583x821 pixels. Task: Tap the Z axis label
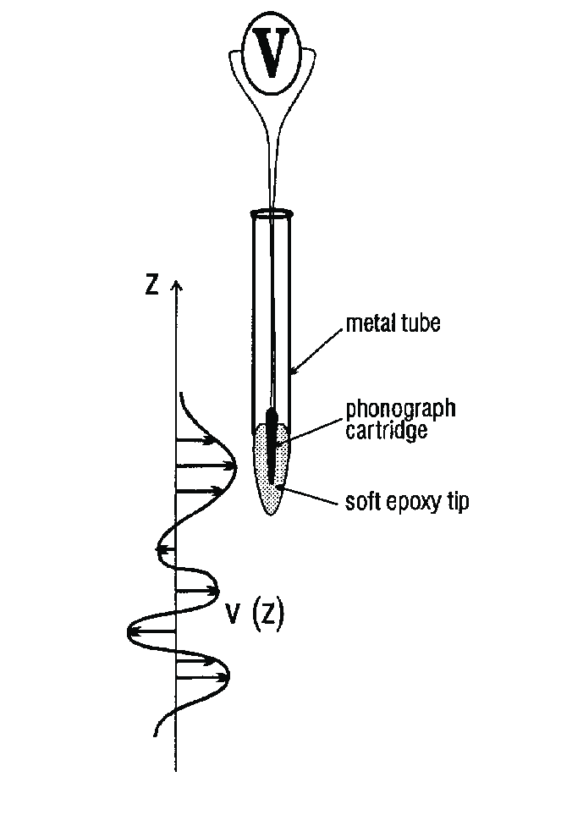point(152,284)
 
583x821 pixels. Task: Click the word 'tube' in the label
point(419,324)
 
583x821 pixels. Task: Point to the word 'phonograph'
point(400,410)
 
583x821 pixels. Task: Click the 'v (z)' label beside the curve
point(254,615)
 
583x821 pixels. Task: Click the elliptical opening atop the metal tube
point(271,213)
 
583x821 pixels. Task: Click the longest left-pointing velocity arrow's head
point(132,631)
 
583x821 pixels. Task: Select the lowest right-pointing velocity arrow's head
point(225,676)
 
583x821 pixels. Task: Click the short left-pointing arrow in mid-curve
point(161,550)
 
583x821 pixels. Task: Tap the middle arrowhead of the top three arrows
point(231,466)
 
